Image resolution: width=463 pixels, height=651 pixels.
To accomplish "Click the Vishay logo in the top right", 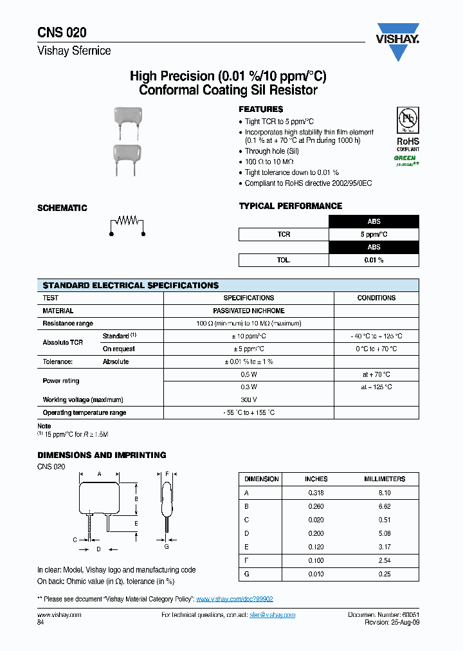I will [x=397, y=42].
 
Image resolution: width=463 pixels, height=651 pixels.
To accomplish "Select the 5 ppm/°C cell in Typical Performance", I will [x=374, y=235].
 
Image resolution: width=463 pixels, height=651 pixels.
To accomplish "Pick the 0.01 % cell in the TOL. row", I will [x=374, y=260].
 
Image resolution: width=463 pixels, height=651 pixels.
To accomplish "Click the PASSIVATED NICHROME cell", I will [x=249, y=311].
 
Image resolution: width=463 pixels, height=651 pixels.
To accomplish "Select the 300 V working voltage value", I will [x=249, y=399].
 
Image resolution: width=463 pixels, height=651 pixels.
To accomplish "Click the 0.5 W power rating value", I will [x=249, y=374].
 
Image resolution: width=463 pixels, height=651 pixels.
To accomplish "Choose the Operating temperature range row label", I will [x=84, y=412].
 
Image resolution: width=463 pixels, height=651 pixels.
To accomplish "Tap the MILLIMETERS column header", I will [x=385, y=479].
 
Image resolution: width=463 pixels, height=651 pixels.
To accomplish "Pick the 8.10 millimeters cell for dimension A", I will [x=385, y=492].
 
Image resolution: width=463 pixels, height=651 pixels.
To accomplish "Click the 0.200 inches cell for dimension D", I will [x=316, y=533].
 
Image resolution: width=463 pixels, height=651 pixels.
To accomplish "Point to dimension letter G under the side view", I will [x=166, y=546].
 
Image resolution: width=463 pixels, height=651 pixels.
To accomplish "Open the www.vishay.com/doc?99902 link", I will [x=234, y=599].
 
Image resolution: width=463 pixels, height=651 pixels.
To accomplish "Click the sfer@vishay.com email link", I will [x=272, y=615].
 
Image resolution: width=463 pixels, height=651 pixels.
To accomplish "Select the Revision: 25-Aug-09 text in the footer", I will [x=392, y=623].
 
